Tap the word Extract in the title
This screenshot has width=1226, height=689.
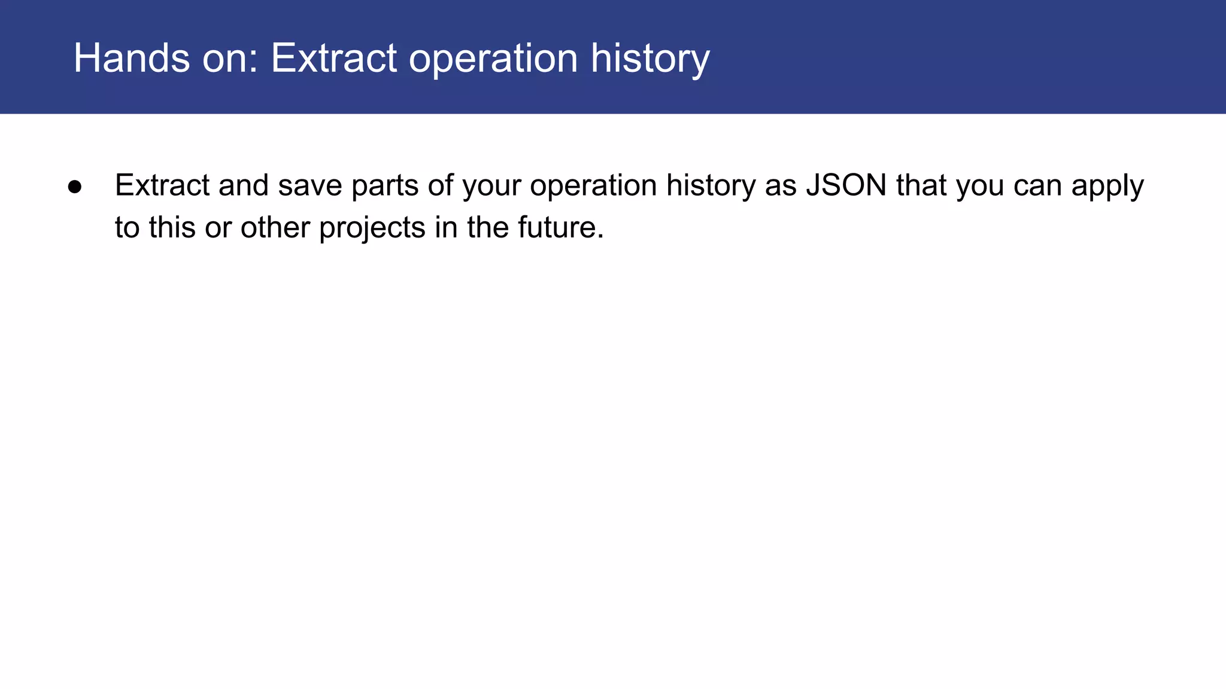point(334,58)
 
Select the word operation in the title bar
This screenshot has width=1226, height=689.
point(493,59)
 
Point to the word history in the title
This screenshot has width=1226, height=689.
point(650,59)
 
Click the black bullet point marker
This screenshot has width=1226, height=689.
point(75,187)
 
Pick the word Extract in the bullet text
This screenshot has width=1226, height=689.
point(162,185)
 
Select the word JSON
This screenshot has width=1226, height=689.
point(846,185)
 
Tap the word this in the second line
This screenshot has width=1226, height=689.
point(172,228)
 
